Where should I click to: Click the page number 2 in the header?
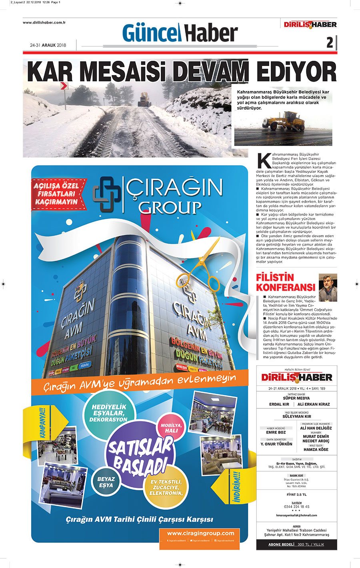coord(330,42)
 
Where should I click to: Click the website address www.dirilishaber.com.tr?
coord(44,22)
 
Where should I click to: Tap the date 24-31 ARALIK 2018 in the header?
coord(48,45)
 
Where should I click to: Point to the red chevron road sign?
coord(63,86)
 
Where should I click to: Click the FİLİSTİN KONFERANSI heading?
coord(286,282)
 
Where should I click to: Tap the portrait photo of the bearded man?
coord(328,288)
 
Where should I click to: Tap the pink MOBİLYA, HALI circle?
coord(171,428)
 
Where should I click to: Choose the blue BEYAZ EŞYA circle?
coord(106,482)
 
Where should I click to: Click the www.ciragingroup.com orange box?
coord(200,535)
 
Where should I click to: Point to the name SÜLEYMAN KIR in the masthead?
coord(296,416)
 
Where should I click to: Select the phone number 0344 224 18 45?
coord(296,506)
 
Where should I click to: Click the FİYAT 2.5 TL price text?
coord(296,494)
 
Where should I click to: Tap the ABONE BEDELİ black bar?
coord(296,544)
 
